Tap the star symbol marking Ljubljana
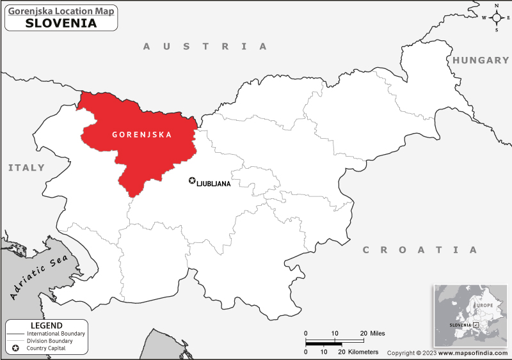click(x=191, y=181)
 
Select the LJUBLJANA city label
click(x=214, y=184)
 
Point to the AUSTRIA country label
click(x=204, y=46)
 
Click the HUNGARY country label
click(x=481, y=60)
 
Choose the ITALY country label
click(x=26, y=168)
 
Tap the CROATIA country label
click(x=420, y=249)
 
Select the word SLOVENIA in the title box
click(x=61, y=23)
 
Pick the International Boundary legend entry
click(x=56, y=334)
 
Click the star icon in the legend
click(x=15, y=348)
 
